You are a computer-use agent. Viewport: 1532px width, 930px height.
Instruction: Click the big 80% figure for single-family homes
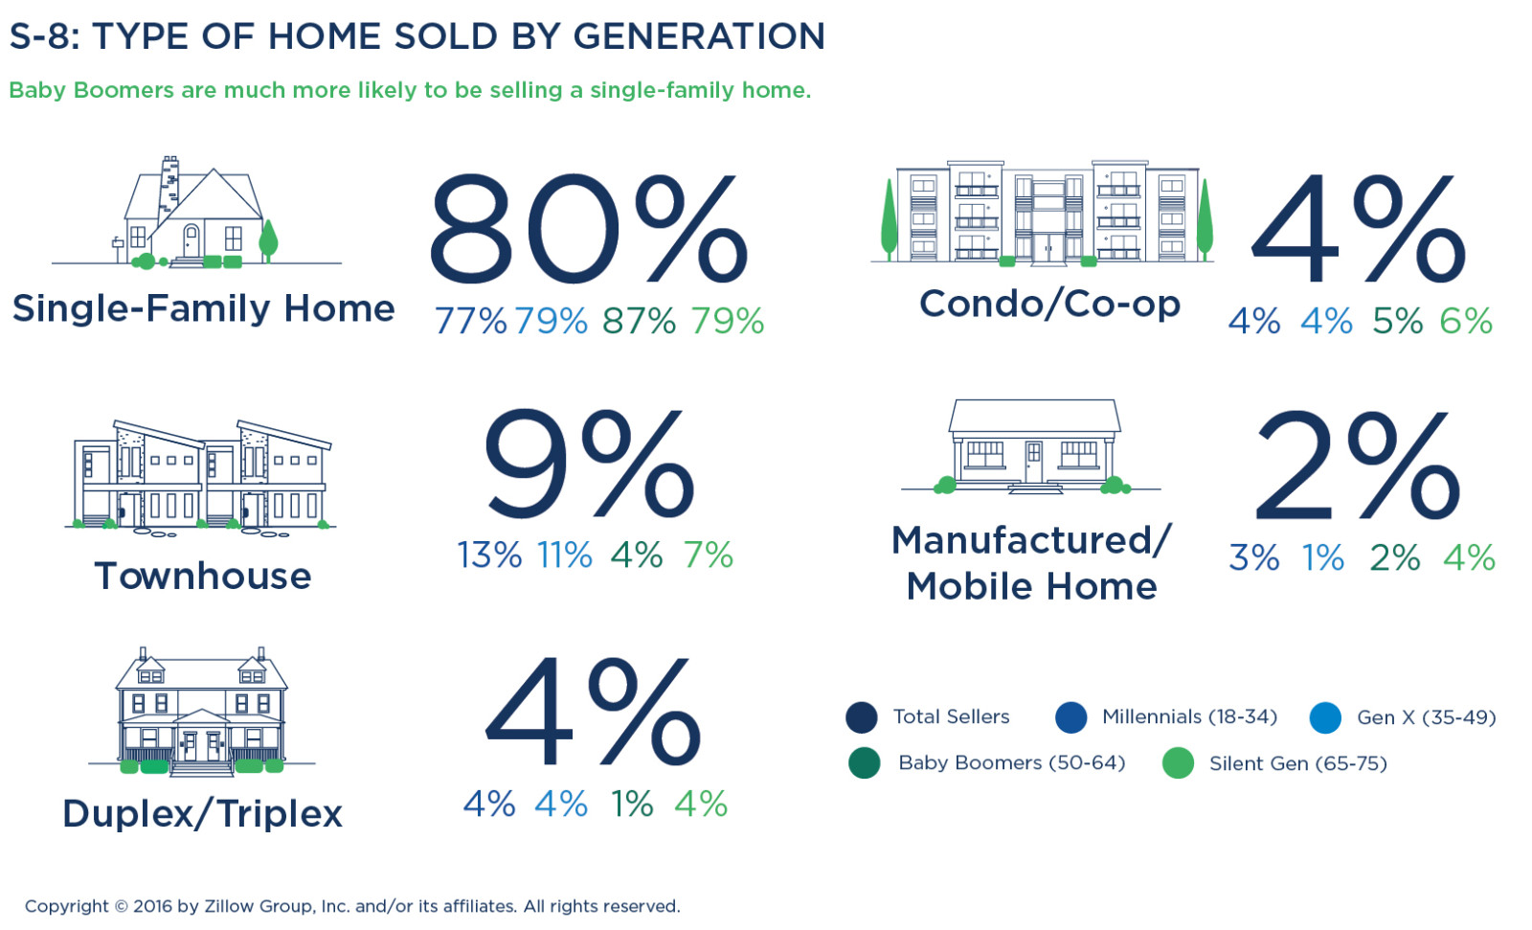point(586,230)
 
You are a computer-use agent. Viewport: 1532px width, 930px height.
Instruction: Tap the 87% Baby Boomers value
point(639,322)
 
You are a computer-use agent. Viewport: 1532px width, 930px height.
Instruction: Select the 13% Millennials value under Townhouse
point(489,556)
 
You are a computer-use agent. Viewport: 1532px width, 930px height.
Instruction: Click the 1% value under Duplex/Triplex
point(632,805)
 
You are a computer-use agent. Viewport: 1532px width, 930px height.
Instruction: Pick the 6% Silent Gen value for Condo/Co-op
point(1466,322)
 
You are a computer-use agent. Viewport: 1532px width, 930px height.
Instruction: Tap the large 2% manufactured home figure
point(1357,465)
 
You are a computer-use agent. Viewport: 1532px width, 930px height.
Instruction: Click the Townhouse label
point(203,577)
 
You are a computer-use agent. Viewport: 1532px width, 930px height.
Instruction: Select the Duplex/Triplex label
point(202,814)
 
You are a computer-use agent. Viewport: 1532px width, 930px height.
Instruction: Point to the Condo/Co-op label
point(1049,305)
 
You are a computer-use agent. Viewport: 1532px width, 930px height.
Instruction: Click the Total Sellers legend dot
point(862,717)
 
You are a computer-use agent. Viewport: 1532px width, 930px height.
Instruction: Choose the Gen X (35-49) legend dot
point(1325,717)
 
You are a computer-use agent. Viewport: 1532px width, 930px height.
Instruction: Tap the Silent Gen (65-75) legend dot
point(1178,763)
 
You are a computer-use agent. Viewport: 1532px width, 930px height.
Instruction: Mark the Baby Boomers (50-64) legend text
point(1011,763)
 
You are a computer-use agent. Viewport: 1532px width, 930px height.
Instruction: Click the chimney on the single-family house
point(169,182)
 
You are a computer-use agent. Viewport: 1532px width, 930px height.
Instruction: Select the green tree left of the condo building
point(890,218)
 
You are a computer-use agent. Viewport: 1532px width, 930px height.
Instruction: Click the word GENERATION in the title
point(699,36)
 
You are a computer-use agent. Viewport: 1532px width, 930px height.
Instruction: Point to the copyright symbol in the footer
point(121,906)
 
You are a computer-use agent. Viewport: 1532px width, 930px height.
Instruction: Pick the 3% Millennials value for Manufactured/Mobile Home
point(1253,558)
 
